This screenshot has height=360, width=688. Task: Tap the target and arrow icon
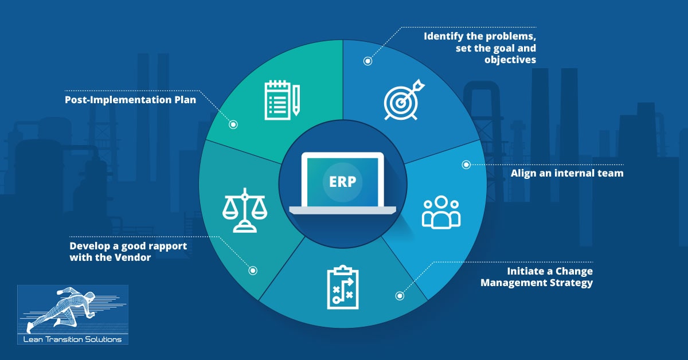tap(404, 99)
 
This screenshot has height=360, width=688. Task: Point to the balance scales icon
tap(245, 209)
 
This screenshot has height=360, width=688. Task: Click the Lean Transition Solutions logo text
tap(73, 338)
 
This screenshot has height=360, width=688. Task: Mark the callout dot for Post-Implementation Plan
tap(233, 124)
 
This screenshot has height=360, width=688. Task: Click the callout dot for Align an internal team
tap(466, 165)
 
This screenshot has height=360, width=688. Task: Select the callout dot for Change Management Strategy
tap(400, 296)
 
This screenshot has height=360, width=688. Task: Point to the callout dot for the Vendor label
tap(253, 270)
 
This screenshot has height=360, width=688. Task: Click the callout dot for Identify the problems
tap(368, 60)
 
